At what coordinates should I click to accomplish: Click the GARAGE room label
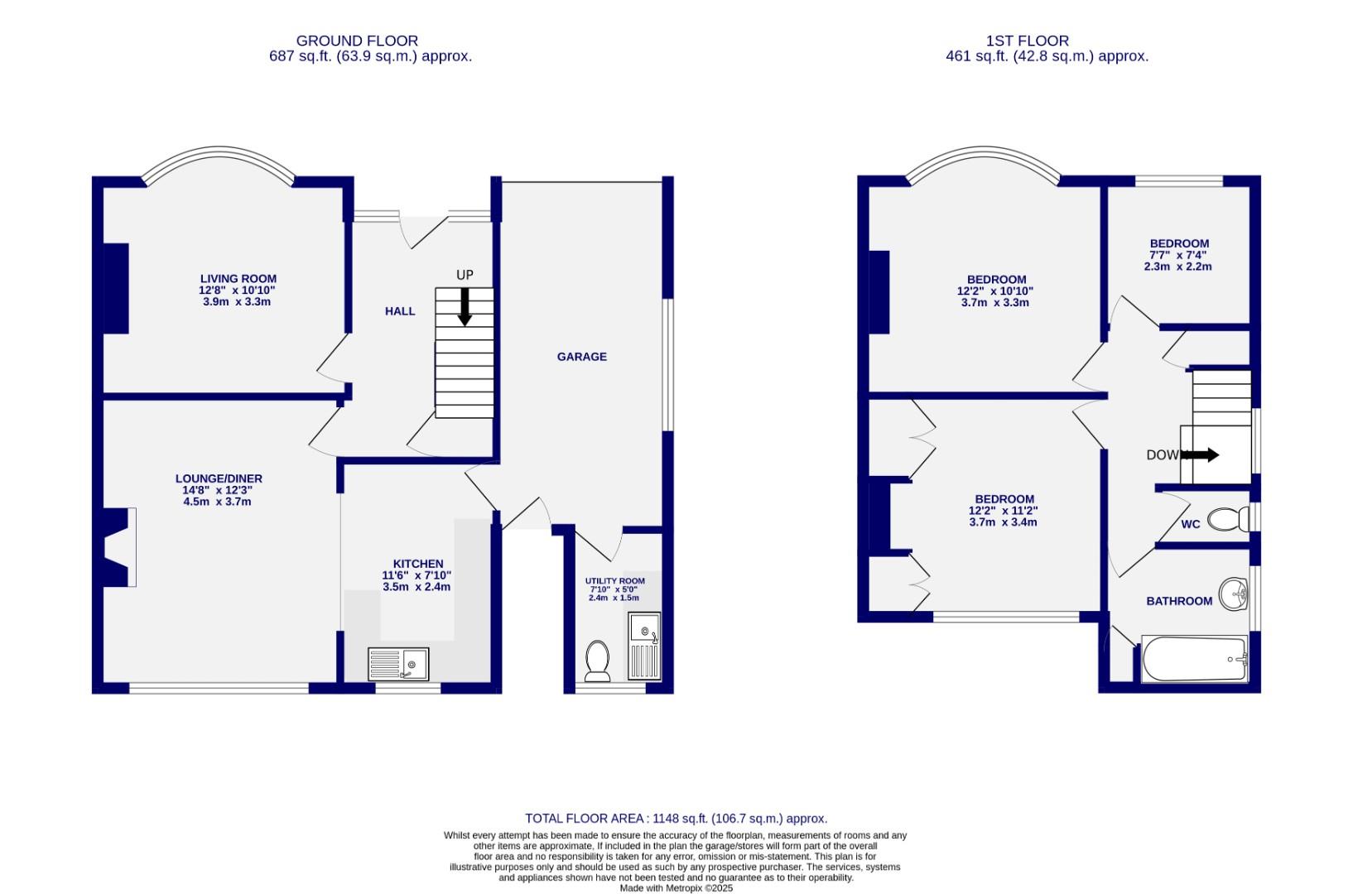581,357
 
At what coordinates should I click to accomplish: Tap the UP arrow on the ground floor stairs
465,306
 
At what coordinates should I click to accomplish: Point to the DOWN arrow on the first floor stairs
1200,454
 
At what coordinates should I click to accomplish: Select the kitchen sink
398,664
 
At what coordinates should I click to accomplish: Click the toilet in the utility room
597,661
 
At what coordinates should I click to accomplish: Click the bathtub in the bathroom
1194,660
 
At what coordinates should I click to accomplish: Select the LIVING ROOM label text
238,279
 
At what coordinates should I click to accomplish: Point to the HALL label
400,311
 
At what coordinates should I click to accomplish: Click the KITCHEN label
418,564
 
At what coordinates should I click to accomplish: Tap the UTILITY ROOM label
614,581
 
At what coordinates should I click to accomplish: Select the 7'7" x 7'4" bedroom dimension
1178,255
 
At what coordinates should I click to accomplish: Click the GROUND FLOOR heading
357,41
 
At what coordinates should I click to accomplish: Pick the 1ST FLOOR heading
1027,41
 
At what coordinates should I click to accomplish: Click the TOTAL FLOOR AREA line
676,819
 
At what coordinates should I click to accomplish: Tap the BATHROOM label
1178,601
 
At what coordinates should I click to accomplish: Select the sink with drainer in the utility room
643,646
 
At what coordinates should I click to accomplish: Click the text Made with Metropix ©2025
676,888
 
